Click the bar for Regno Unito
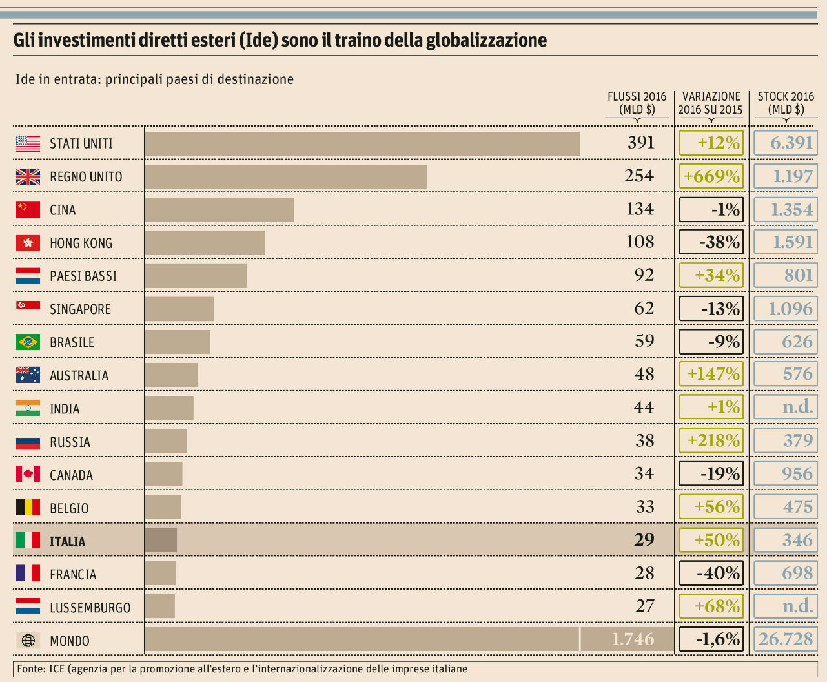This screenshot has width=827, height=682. click(286, 177)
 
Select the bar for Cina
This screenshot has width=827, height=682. click(219, 210)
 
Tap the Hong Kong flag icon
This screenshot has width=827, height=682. click(28, 243)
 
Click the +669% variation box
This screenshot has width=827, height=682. click(711, 176)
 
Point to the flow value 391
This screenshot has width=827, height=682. click(640, 143)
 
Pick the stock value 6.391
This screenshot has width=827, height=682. click(786, 143)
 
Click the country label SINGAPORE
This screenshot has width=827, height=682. click(80, 309)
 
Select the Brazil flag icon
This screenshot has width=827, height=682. click(28, 342)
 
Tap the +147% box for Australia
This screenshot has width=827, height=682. click(711, 374)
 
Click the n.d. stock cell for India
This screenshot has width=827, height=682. click(786, 408)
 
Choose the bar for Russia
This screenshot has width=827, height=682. click(166, 441)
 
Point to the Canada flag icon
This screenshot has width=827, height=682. click(28, 474)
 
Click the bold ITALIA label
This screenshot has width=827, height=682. click(67, 541)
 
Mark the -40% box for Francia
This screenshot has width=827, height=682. click(711, 573)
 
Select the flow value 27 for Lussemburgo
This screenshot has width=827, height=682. click(644, 606)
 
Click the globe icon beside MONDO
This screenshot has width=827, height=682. click(28, 641)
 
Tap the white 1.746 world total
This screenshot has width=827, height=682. click(632, 639)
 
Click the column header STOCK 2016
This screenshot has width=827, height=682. click(786, 97)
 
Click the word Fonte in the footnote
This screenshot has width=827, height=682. click(30, 669)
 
